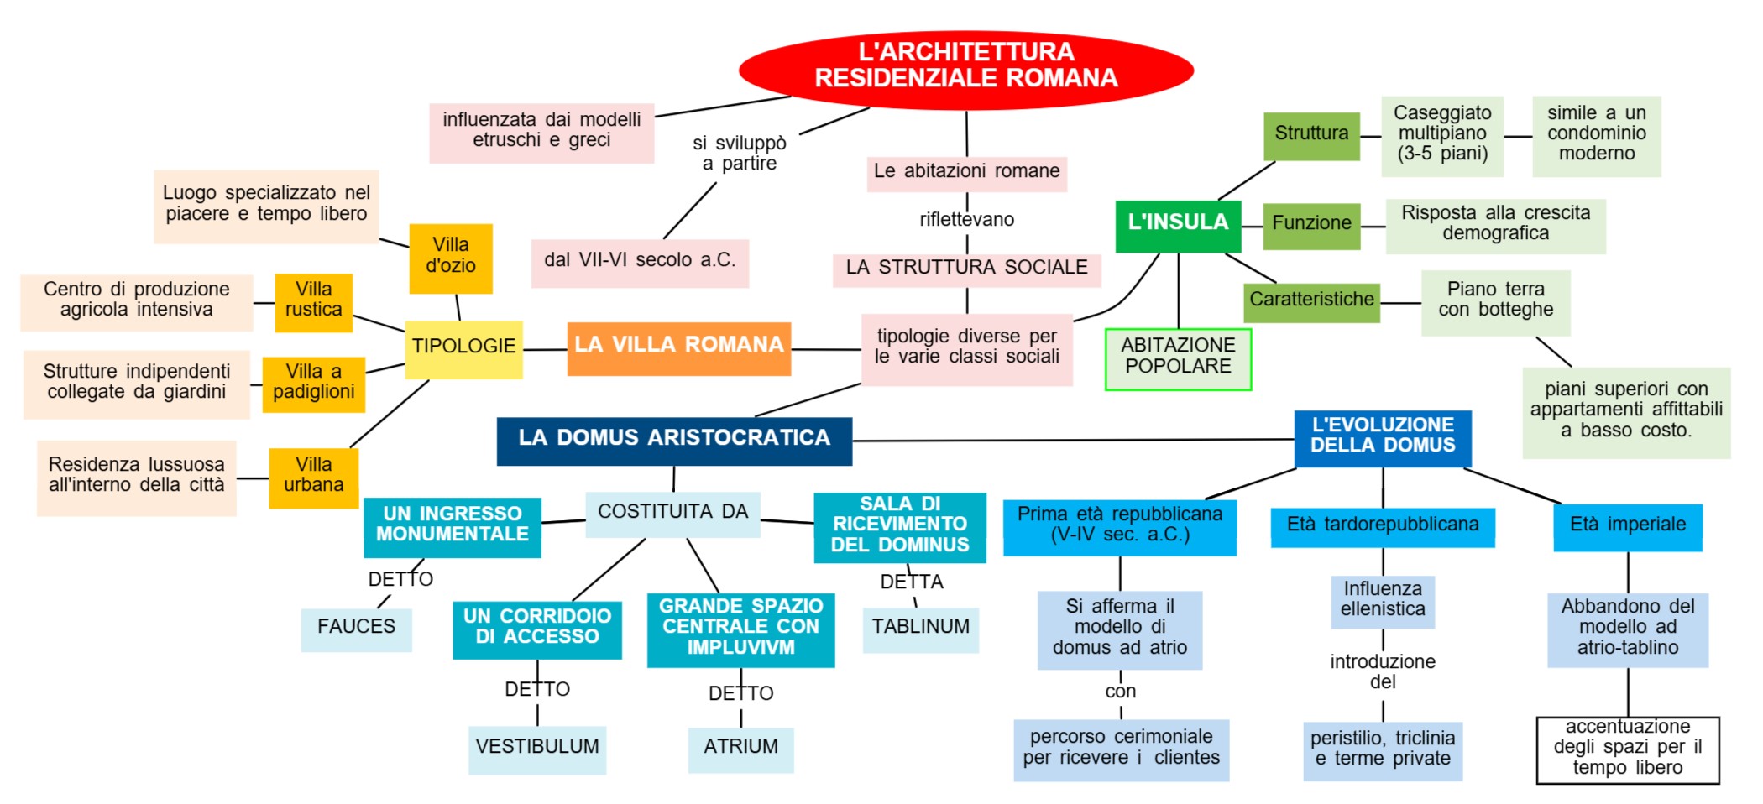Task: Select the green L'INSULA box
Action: point(1178,225)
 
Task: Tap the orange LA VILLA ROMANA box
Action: point(678,347)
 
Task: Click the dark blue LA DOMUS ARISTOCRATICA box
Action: point(674,441)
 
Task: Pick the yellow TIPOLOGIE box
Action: point(463,348)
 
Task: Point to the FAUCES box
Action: point(356,629)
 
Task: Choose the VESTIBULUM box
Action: point(537,749)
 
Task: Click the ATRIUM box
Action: point(740,749)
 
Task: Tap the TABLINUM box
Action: point(920,629)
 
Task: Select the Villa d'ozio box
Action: point(451,258)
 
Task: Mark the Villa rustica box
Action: point(313,301)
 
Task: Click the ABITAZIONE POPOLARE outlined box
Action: point(1178,358)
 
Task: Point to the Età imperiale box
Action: point(1627,526)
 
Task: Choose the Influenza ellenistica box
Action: point(1383,601)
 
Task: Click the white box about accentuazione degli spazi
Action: point(1627,749)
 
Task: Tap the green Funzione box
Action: point(1311,225)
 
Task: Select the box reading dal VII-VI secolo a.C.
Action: point(640,262)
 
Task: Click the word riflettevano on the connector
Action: point(966,220)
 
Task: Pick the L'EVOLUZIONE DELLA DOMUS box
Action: point(1383,437)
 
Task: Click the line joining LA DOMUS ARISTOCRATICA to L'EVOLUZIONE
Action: point(1075,440)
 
